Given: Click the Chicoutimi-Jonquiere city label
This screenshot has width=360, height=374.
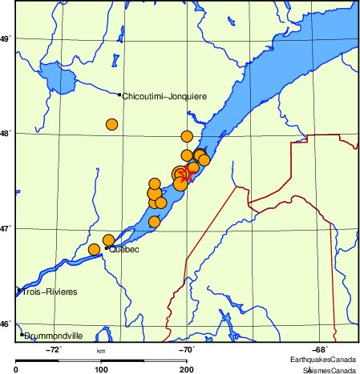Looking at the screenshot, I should (x=164, y=96).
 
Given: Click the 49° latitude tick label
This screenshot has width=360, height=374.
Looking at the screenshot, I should (x=6, y=38).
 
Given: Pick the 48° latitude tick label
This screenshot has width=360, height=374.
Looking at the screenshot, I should (x=6, y=133).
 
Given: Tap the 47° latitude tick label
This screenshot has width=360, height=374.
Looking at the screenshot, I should (x=6, y=228).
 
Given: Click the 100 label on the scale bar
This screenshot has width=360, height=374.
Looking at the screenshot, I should (x=101, y=369).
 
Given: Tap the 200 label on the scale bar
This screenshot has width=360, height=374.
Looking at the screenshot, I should (x=186, y=369).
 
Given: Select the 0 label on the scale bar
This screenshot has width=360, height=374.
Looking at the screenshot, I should (x=17, y=369).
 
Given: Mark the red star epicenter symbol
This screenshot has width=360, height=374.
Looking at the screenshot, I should (x=184, y=176).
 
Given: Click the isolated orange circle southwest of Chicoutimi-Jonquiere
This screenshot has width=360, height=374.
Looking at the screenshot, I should (x=112, y=124).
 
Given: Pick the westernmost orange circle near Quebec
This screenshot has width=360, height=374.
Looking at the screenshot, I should (x=94, y=250).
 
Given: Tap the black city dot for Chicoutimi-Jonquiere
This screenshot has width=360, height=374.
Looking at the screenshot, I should (x=119, y=95).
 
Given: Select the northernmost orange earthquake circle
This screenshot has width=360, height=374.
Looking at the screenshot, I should (x=188, y=136).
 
